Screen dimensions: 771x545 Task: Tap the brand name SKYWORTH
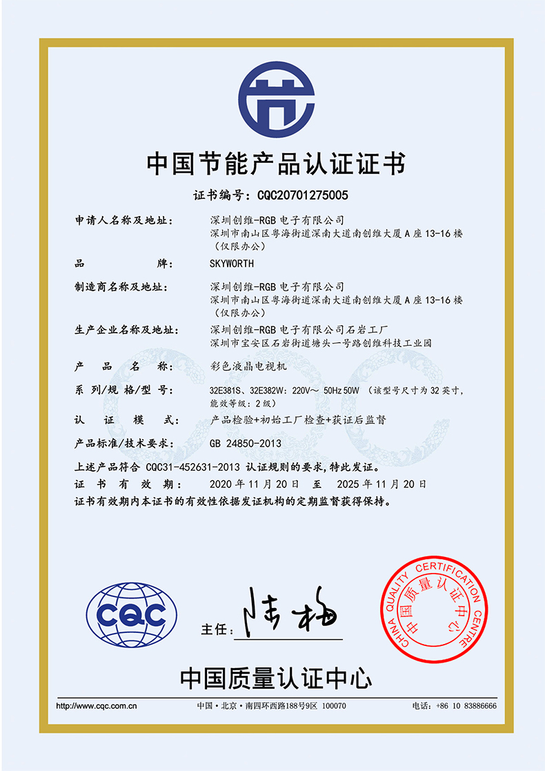[231, 264]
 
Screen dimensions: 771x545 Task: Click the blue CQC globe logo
[131, 614]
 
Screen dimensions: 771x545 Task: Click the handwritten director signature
[290, 612]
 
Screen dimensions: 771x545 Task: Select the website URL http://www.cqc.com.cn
[97, 706]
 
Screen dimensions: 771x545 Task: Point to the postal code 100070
[335, 706]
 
